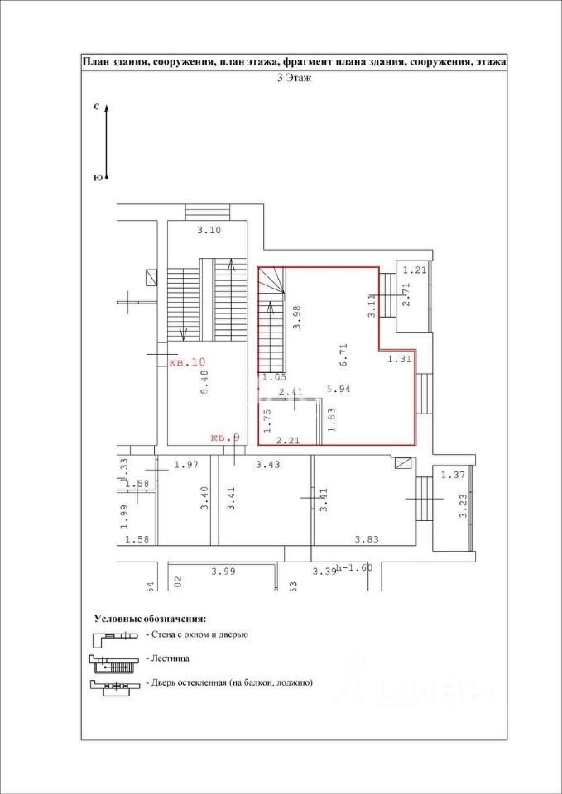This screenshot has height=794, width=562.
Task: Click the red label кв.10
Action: [x=186, y=362]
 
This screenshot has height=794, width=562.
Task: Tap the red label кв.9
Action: [x=225, y=438]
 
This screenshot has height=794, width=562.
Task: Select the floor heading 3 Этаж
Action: [x=293, y=78]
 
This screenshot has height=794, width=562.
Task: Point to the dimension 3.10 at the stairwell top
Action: [x=209, y=231]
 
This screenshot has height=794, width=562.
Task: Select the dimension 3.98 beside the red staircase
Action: [x=296, y=318]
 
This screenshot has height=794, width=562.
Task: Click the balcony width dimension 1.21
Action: [x=414, y=270]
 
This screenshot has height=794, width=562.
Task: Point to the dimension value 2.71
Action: [x=406, y=295]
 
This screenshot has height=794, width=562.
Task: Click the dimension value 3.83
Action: [x=367, y=539]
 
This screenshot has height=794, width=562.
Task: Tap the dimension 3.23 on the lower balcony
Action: [x=463, y=505]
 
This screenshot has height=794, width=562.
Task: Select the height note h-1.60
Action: [x=356, y=569]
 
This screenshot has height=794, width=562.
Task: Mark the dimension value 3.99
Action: [x=223, y=571]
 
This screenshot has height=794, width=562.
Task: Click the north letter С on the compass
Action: [x=97, y=107]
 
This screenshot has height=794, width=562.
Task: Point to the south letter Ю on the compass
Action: [x=97, y=177]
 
